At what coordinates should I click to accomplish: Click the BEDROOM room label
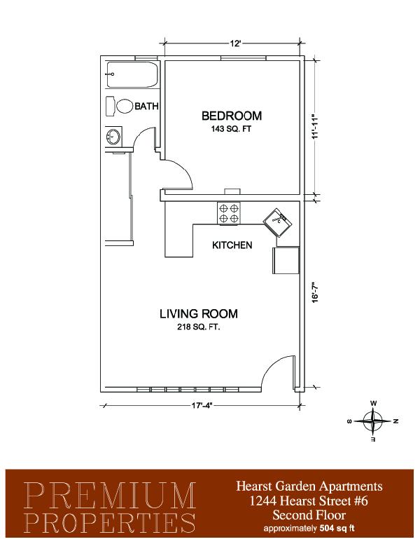232,116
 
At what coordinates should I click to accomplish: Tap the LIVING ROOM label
199,313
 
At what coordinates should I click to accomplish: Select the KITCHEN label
232,245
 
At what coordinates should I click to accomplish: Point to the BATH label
146,106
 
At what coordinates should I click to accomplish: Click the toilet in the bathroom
120,106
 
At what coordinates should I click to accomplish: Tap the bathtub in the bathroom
132,74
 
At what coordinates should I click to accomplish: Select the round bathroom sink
113,136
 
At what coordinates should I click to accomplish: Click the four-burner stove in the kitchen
229,213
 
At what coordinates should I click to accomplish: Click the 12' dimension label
235,43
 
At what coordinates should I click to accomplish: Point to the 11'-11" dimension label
315,127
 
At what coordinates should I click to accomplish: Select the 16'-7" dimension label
315,292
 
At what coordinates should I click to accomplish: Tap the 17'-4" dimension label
202,405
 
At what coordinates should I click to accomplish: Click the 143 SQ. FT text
231,129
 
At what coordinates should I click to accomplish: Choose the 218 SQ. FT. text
199,327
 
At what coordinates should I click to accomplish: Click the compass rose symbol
373,421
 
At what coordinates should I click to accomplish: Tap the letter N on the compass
396,421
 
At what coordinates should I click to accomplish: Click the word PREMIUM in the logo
109,495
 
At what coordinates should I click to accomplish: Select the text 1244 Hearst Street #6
309,501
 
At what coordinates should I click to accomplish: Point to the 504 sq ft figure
336,529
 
